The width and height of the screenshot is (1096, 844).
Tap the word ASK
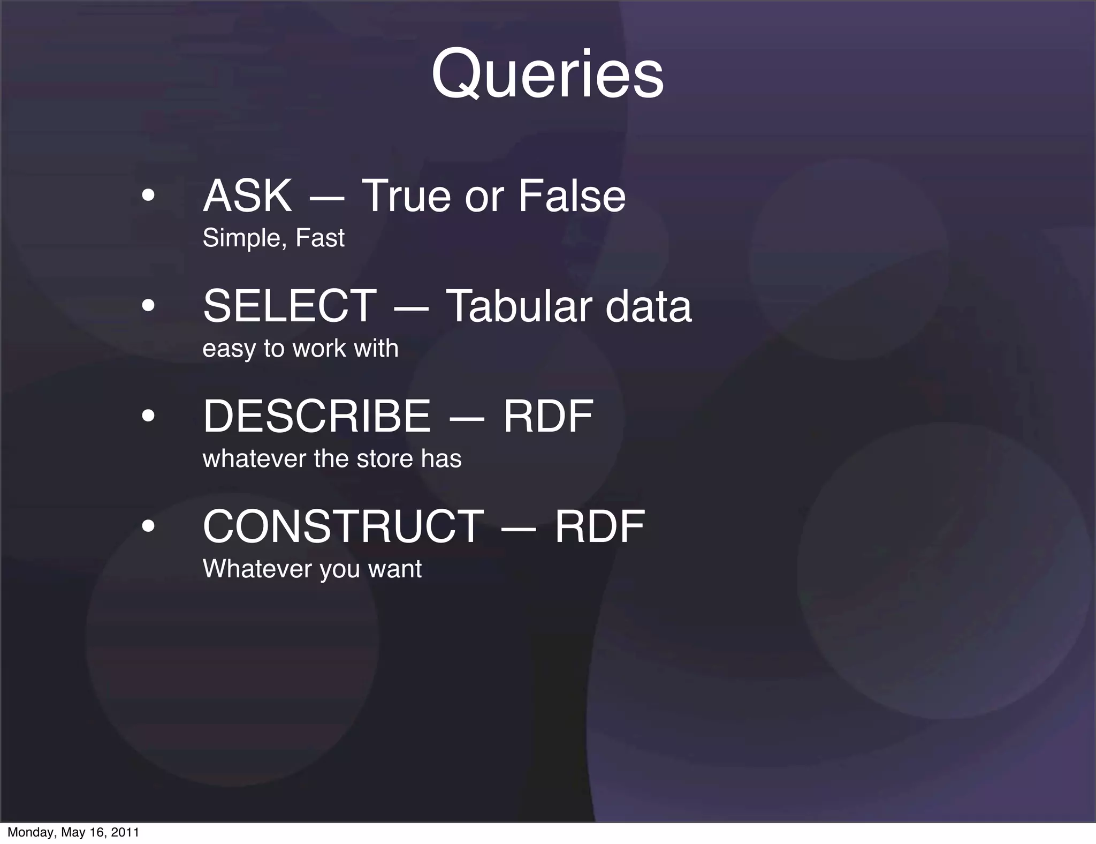point(247,196)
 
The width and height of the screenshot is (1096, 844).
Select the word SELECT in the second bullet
point(290,306)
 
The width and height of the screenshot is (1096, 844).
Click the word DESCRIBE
point(317,416)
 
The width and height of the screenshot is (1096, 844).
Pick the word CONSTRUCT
point(343,527)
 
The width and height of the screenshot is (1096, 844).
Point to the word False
point(572,196)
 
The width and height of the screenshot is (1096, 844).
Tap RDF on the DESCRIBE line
point(548,416)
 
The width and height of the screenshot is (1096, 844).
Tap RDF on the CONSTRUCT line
point(599,527)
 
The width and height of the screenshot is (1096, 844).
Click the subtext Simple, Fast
point(273,238)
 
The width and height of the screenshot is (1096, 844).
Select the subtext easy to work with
point(300,349)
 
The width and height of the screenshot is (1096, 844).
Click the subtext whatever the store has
point(332,459)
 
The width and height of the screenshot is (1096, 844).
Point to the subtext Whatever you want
point(312,569)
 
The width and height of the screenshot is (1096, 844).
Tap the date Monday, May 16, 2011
point(73,832)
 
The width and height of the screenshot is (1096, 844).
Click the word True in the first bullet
point(407,196)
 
